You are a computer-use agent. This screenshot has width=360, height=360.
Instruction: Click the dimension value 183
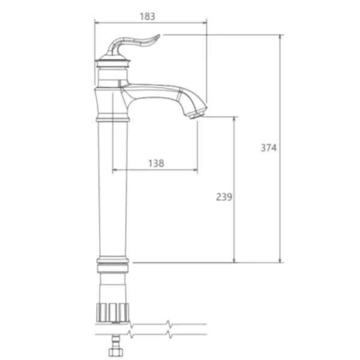click(x=148, y=17)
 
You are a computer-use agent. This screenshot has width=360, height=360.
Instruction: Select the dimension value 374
click(x=269, y=148)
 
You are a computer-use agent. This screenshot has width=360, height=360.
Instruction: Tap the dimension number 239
click(x=224, y=197)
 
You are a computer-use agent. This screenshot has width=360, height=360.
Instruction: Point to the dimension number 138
click(x=156, y=163)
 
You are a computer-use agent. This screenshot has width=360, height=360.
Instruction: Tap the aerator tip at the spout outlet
click(x=197, y=115)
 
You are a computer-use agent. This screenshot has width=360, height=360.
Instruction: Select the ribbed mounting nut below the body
click(x=113, y=313)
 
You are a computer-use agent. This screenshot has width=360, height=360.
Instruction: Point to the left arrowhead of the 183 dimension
click(x=97, y=23)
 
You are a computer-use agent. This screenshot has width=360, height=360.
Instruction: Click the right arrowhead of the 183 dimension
click(x=205, y=23)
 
